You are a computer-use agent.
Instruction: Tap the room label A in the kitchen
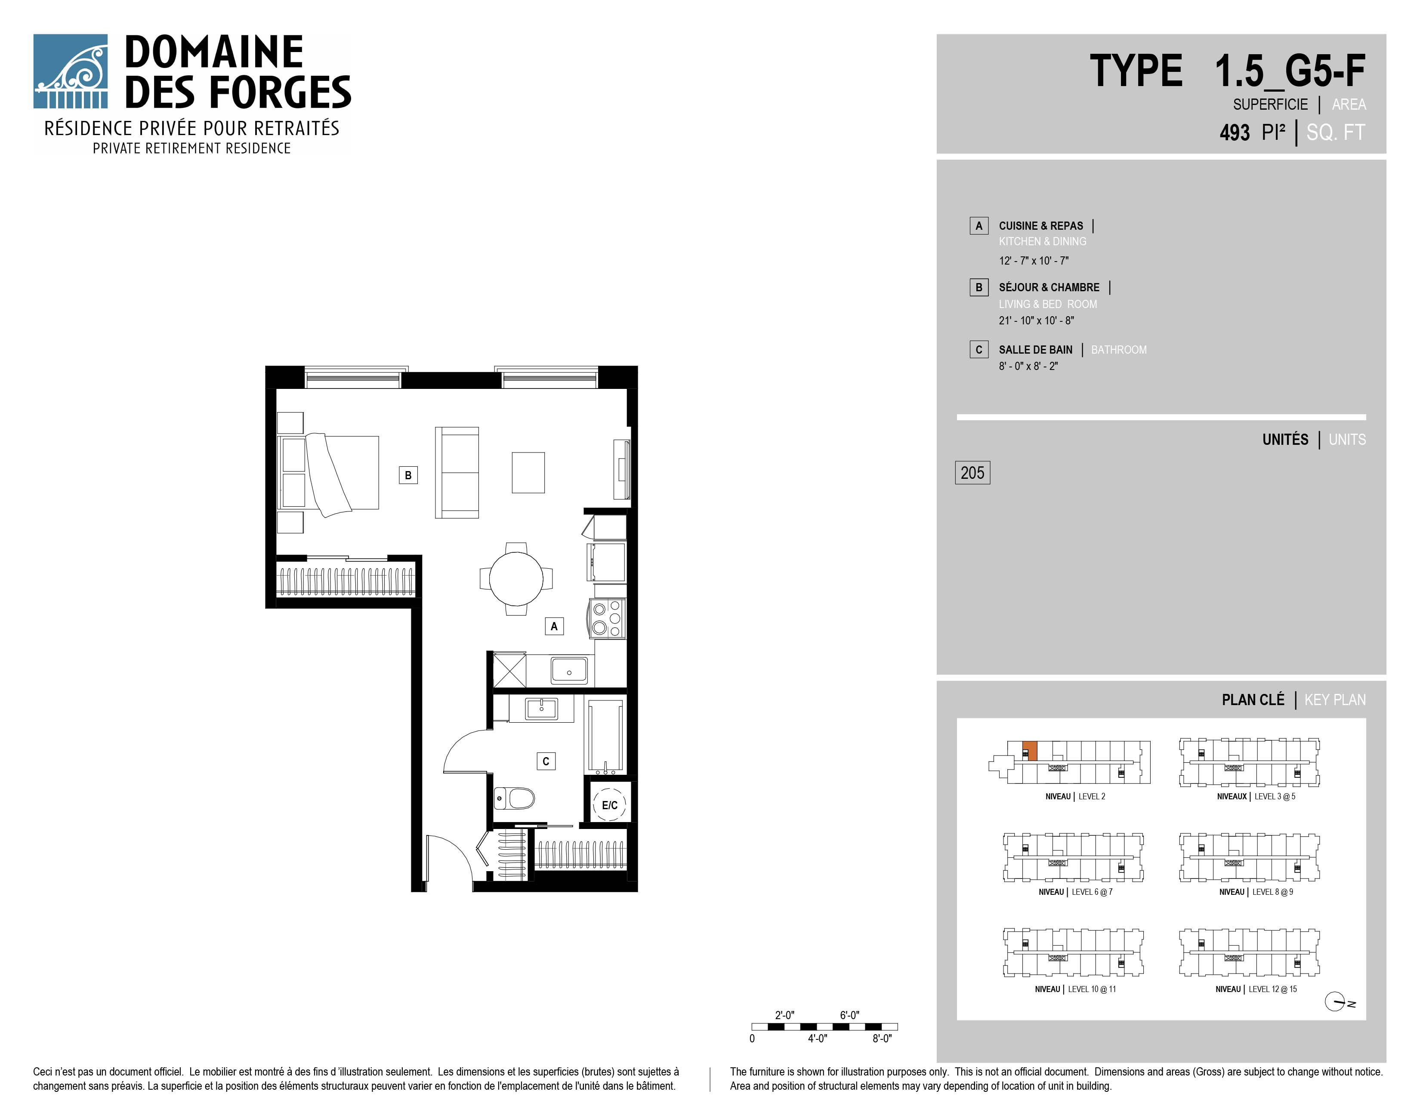(x=554, y=626)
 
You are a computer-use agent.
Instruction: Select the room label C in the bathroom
(x=546, y=761)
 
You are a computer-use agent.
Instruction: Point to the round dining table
(x=516, y=578)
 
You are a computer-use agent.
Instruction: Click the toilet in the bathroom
(x=514, y=798)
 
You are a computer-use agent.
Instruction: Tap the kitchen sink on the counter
(x=569, y=670)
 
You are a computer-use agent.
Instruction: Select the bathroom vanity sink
(x=542, y=709)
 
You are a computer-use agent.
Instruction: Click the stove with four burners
(x=607, y=618)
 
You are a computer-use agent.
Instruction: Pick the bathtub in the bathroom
(x=606, y=735)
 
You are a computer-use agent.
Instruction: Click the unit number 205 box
(x=972, y=472)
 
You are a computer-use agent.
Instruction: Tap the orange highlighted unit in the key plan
(x=1030, y=751)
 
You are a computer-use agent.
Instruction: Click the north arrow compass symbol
(x=1336, y=1002)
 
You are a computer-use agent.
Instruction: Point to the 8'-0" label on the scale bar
(x=882, y=1038)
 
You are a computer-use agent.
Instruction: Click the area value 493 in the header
(x=1235, y=133)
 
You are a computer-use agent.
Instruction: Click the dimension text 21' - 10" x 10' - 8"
(x=1037, y=320)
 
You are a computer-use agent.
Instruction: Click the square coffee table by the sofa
(x=528, y=472)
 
